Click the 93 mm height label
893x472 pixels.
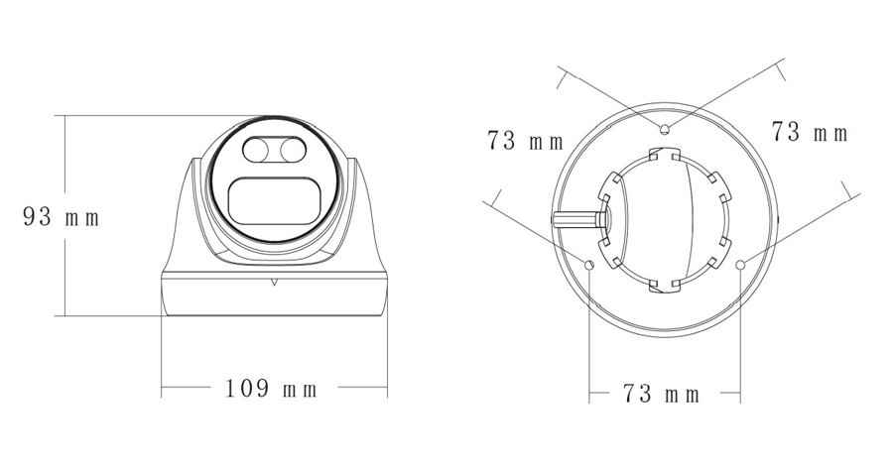[x=62, y=217]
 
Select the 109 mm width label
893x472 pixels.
[x=271, y=389]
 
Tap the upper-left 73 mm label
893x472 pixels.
[x=525, y=141]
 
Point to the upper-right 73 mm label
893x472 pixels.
[x=810, y=132]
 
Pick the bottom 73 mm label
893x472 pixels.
[x=661, y=394]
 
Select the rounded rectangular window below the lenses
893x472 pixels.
[x=274, y=201]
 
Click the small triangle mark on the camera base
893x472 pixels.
[x=274, y=281]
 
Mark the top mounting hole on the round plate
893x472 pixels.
[x=664, y=129]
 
